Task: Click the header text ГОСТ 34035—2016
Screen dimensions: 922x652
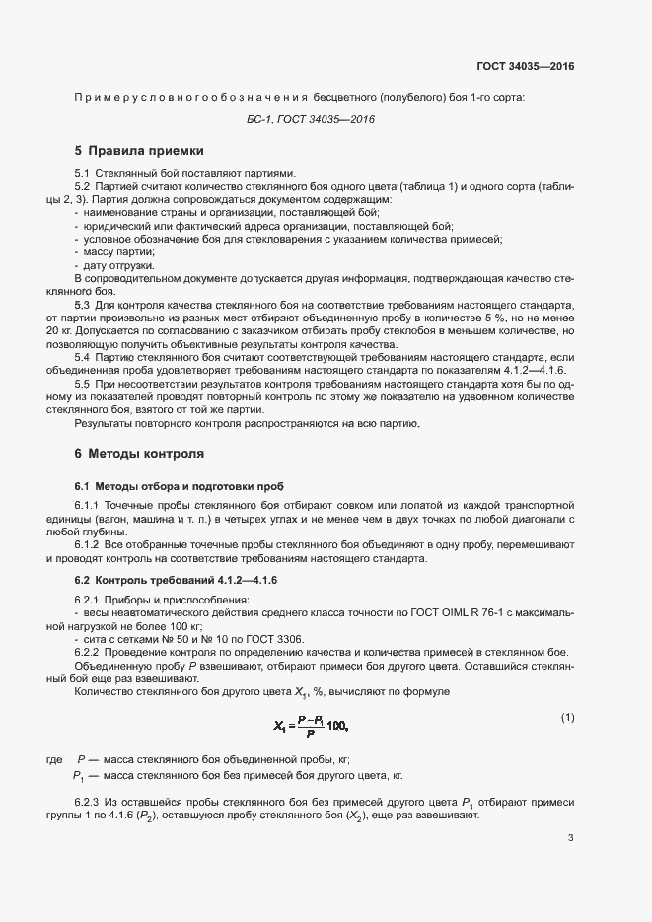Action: (525, 66)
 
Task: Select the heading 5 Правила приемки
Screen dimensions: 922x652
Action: (139, 151)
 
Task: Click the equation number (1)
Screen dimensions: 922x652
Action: (567, 717)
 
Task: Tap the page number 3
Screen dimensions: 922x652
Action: (570, 838)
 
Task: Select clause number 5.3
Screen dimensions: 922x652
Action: (83, 306)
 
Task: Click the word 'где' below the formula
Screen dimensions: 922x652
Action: (54, 759)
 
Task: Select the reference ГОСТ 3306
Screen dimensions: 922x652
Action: (277, 639)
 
